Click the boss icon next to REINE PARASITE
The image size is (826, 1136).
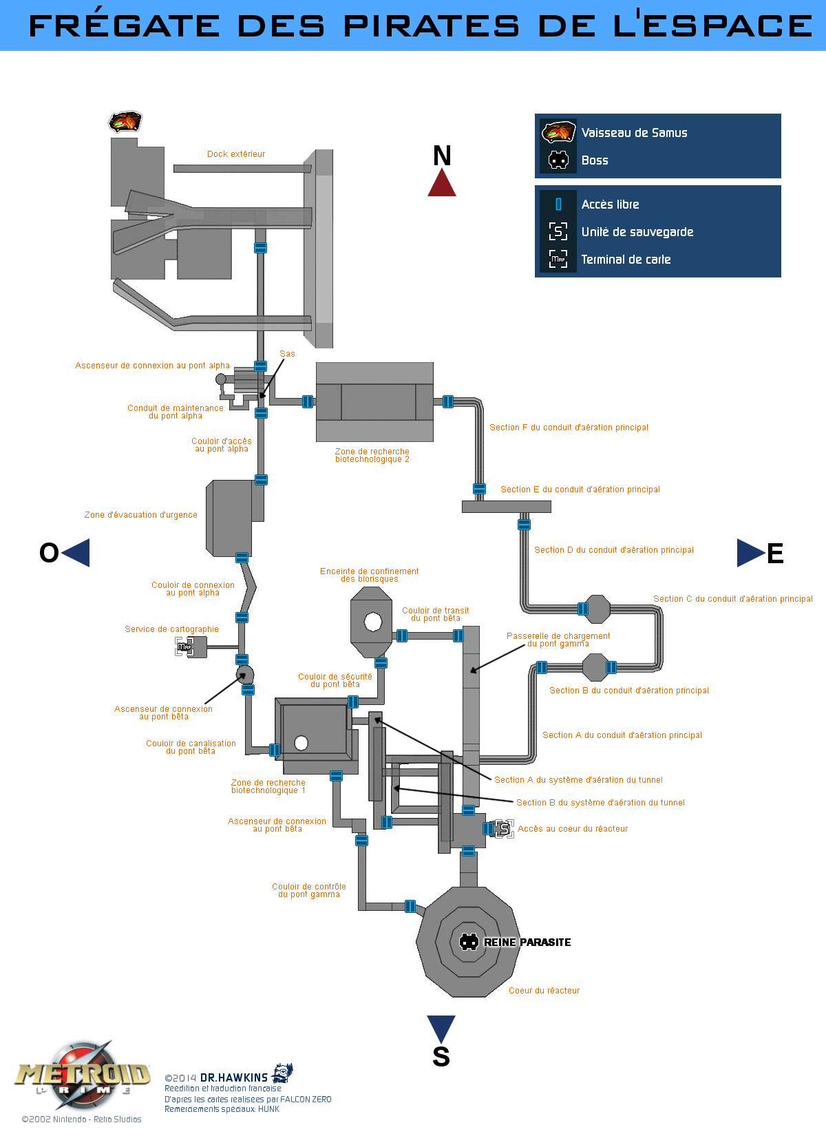tap(469, 942)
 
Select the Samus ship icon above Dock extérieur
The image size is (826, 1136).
tap(125, 122)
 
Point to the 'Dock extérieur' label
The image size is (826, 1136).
tap(236, 154)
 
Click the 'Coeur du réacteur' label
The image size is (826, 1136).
tap(544, 991)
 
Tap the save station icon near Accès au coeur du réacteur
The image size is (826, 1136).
tap(505, 829)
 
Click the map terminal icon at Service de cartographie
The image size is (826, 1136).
tap(184, 646)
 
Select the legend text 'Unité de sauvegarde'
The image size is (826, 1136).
tap(637, 232)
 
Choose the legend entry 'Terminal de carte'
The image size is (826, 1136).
tap(626, 260)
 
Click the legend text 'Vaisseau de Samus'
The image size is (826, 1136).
tap(634, 133)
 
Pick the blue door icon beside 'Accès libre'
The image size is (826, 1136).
tap(558, 204)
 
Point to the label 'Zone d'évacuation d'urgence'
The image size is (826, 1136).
tap(140, 515)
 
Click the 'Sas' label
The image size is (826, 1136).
tap(287, 354)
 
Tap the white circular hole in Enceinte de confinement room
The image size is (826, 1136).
tap(373, 622)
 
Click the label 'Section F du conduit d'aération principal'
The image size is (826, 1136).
tap(569, 428)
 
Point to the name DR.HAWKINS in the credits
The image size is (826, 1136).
tap(234, 1077)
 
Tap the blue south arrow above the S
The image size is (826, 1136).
tap(441, 1027)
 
